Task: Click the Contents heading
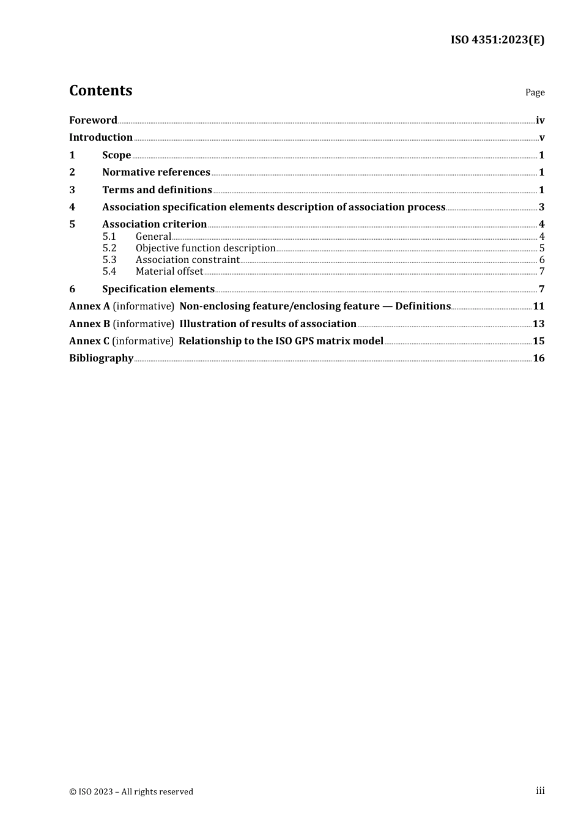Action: tap(100, 91)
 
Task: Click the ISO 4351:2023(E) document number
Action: tap(497, 40)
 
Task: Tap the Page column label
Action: tap(535, 92)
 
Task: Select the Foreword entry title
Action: tap(93, 120)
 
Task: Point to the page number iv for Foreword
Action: tap(540, 120)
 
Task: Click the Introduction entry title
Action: tap(101, 137)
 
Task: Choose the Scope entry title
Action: tap(116, 155)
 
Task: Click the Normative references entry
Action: tap(156, 172)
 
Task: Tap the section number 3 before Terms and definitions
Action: tap(72, 190)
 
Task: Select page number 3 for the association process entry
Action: tap(541, 207)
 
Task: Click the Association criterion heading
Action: tap(154, 224)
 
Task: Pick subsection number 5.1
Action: tap(109, 236)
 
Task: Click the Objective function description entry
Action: tap(205, 248)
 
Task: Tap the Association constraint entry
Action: tap(187, 259)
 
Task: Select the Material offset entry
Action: tap(169, 271)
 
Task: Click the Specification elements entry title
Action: tap(158, 289)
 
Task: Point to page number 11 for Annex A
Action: tap(538, 306)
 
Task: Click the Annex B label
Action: tap(89, 324)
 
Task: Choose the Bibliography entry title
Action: tap(101, 358)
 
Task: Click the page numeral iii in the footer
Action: tap(540, 790)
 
